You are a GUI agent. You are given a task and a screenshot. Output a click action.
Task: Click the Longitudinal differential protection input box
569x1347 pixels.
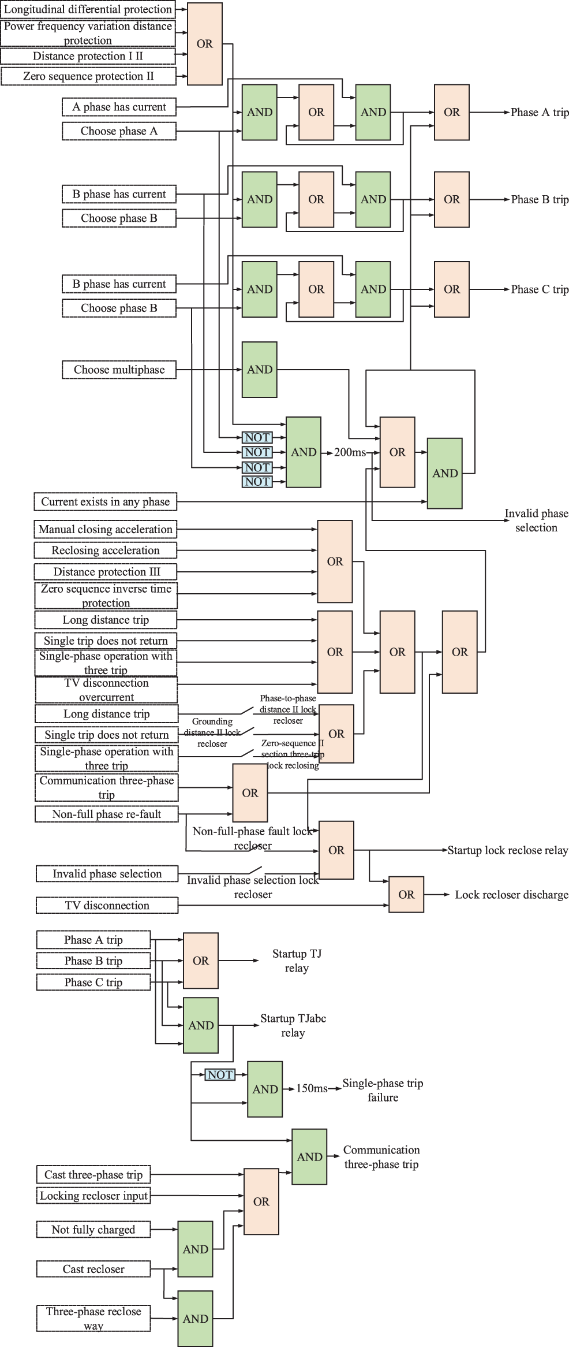tap(88, 9)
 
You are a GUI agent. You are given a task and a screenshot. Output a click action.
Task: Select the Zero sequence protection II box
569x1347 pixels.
tap(88, 76)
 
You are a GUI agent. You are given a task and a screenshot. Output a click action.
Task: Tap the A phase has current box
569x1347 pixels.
tap(119, 107)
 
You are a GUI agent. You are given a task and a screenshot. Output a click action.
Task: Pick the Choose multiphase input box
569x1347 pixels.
tap(119, 370)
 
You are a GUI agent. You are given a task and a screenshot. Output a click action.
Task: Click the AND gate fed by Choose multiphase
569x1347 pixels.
tap(259, 370)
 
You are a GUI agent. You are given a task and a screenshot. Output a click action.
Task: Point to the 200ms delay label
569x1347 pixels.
tap(350, 452)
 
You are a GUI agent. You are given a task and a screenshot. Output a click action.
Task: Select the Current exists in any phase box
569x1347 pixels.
tap(105, 502)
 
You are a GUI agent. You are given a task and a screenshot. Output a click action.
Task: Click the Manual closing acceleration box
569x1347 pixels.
tap(105, 530)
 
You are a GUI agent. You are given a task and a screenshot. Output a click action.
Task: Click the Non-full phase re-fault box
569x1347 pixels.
tap(107, 814)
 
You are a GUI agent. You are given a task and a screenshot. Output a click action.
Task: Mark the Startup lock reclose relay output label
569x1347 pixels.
tap(508, 850)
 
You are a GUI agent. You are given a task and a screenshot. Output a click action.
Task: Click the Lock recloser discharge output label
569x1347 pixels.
tap(511, 895)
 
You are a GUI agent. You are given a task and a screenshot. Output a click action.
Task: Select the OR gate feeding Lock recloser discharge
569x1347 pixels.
tap(406, 895)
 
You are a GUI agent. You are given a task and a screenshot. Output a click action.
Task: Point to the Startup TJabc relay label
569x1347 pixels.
tap(293, 1025)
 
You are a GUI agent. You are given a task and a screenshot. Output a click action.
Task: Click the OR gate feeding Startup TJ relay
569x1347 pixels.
tap(201, 961)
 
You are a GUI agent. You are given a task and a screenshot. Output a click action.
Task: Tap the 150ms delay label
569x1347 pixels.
tap(312, 1089)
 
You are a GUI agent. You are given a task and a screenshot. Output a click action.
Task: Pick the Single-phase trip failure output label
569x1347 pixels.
tap(383, 1090)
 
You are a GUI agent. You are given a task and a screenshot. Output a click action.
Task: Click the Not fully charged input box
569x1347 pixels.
tap(93, 1230)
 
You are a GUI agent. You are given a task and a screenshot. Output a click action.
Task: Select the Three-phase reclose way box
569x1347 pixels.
tap(93, 1318)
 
